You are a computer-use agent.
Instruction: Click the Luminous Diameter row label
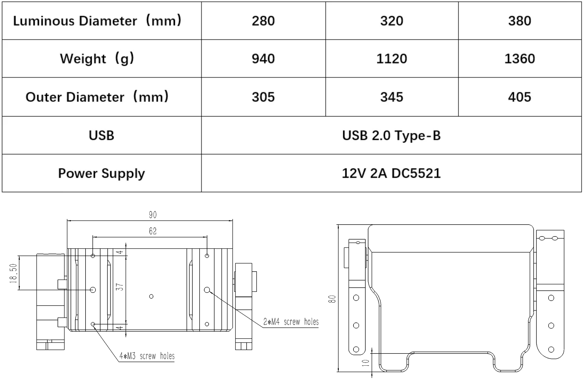(97, 21)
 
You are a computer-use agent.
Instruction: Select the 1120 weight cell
(392, 59)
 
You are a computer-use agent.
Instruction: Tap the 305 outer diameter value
(263, 97)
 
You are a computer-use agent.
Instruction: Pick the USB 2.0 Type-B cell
(391, 136)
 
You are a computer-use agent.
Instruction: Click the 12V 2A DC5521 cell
(391, 173)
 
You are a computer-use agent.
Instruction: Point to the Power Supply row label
(101, 174)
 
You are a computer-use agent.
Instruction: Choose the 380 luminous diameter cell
(520, 21)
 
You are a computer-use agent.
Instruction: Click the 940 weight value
(263, 59)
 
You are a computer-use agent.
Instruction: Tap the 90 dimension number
(153, 215)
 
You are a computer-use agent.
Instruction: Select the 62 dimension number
(153, 231)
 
